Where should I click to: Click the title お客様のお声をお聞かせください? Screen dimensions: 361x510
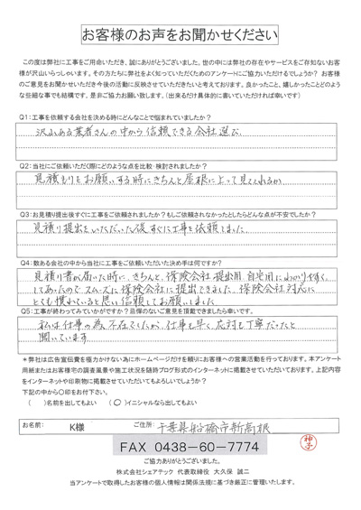(x=180, y=36)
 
